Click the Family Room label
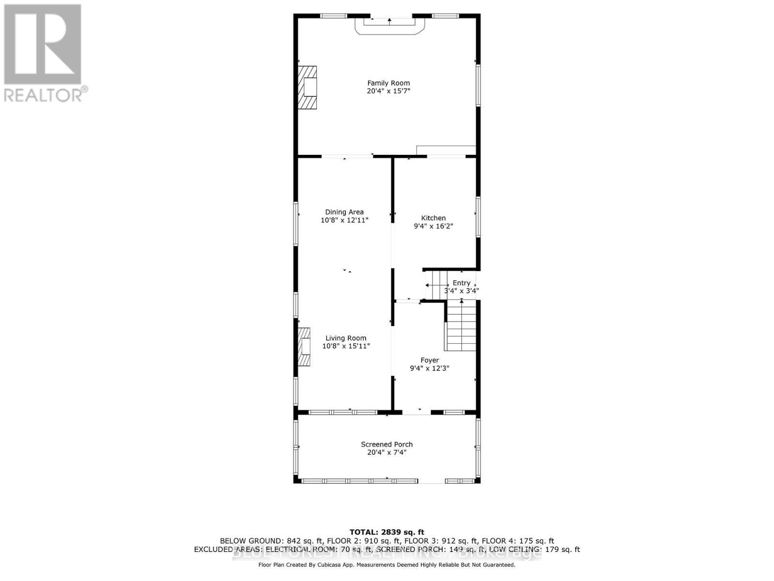[388, 83]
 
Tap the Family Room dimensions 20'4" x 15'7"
[388, 91]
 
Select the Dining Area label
[344, 212]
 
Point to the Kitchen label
[433, 218]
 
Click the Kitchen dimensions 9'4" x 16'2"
[433, 226]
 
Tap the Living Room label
[346, 338]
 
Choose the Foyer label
[430, 360]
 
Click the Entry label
[461, 283]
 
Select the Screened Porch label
[387, 444]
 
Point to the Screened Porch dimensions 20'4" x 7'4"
[387, 453]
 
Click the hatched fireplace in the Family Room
[307, 88]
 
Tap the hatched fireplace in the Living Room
[304, 347]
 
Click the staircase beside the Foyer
[461, 325]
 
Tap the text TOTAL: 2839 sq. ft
[387, 532]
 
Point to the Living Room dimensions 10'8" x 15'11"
[346, 346]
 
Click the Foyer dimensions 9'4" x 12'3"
[430, 368]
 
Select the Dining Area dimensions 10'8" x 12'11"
[344, 220]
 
